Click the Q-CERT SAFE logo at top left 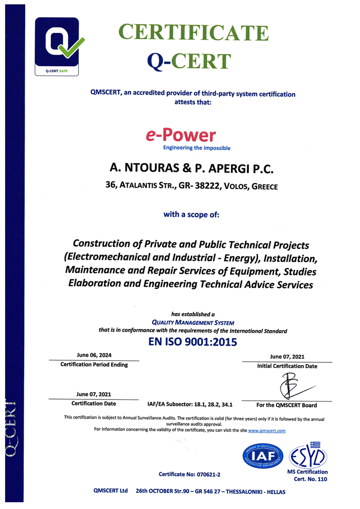coord(57,46)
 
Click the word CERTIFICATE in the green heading coord(193,32)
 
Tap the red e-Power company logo coord(180,135)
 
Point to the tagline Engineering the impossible coord(196,148)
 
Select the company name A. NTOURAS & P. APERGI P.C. coord(193,169)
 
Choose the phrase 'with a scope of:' coord(191,214)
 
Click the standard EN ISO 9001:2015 coord(192,341)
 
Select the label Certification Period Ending coord(94,365)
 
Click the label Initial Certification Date coord(287,366)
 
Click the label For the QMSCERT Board coord(287,405)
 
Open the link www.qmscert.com coord(266,431)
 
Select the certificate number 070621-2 coord(193,474)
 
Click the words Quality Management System coord(192,322)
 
